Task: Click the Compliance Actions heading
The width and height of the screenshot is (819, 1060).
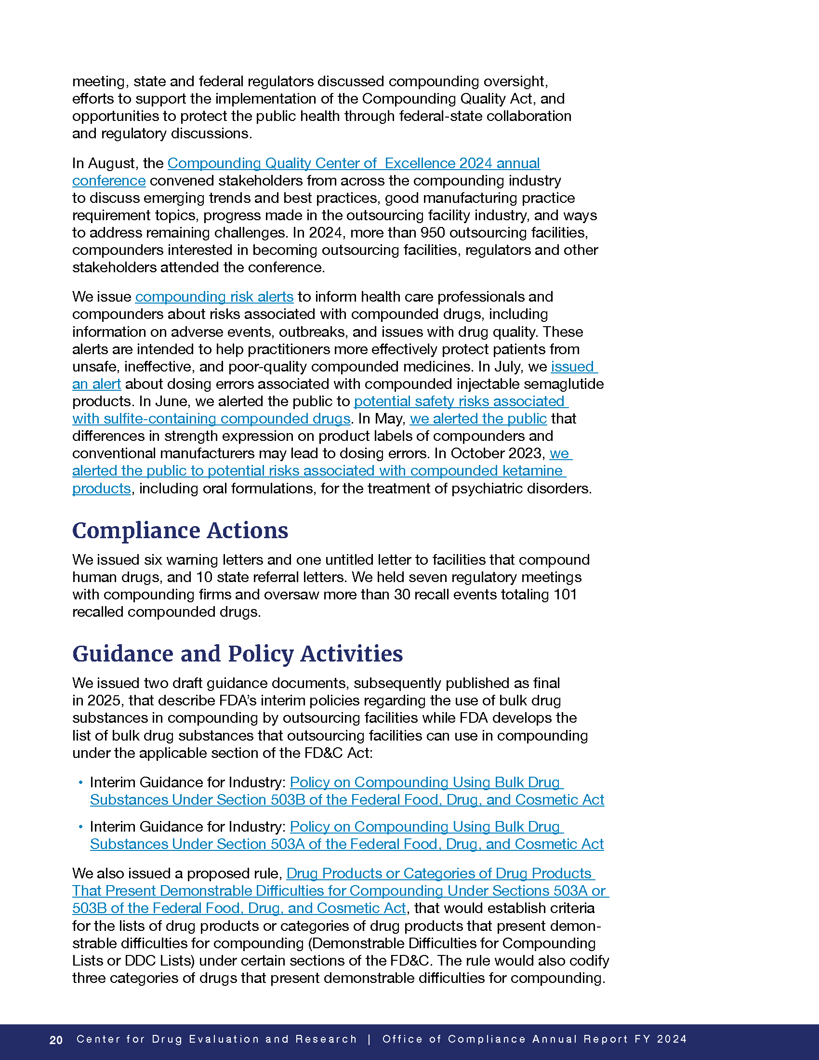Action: [x=180, y=530]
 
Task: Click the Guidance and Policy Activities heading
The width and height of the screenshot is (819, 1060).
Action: [x=237, y=653]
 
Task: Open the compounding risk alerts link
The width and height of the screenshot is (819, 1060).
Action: [x=214, y=296]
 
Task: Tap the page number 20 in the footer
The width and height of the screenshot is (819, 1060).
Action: [x=56, y=1040]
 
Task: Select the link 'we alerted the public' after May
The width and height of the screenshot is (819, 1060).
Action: [x=478, y=418]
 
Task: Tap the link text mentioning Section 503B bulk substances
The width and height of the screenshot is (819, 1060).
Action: [x=347, y=799]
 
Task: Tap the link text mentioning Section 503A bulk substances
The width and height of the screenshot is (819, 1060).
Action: [x=346, y=844]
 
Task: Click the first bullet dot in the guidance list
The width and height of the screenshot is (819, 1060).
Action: [x=80, y=782]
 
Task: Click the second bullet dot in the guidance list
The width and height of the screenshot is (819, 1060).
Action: [x=80, y=826]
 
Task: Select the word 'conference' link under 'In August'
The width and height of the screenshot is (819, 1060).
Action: [x=109, y=181]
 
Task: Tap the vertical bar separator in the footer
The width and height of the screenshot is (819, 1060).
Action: [x=370, y=1039]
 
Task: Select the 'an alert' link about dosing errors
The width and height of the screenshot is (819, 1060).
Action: [x=96, y=384]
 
